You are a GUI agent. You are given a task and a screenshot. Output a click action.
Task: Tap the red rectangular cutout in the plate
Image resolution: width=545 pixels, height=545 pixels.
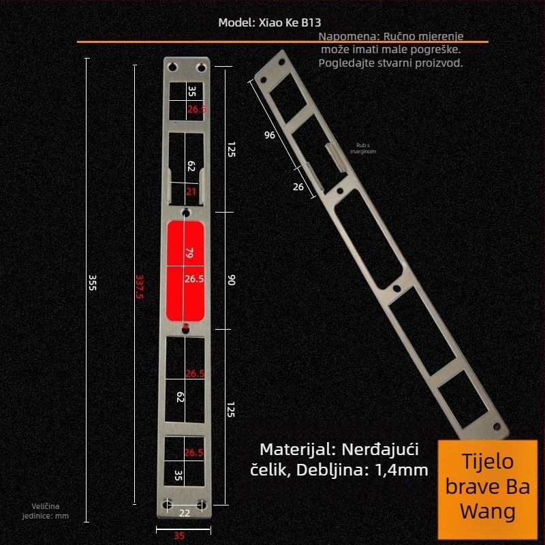click(x=185, y=270)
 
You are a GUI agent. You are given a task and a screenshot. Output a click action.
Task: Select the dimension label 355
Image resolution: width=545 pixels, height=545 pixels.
click(x=93, y=283)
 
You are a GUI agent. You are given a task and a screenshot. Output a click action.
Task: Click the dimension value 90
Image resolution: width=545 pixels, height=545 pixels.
click(x=231, y=280)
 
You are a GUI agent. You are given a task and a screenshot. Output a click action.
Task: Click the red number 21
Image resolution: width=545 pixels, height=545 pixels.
click(x=191, y=193)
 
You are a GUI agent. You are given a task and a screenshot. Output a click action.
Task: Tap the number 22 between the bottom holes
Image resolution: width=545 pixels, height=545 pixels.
click(x=185, y=512)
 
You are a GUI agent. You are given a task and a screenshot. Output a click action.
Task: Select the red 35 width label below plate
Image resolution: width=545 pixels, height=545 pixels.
click(x=179, y=535)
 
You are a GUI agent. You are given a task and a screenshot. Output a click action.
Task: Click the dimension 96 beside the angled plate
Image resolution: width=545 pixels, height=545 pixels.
click(x=270, y=135)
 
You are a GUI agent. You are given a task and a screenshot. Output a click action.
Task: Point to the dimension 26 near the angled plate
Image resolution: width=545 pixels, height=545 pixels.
click(x=298, y=187)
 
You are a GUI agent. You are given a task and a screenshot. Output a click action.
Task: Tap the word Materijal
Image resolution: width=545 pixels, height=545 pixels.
click(x=292, y=450)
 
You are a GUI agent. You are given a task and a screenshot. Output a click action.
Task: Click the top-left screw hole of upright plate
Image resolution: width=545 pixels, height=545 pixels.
click(x=170, y=67)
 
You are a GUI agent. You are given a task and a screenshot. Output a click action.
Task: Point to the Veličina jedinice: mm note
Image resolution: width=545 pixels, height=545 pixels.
click(x=50, y=511)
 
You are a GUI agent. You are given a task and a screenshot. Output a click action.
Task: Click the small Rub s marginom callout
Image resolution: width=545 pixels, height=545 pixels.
click(x=362, y=148)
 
